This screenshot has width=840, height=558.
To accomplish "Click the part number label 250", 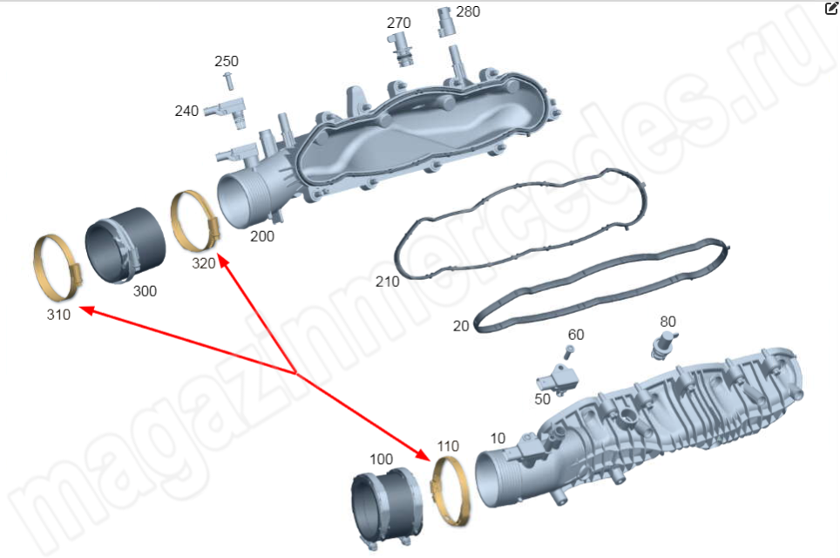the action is coord(226,61).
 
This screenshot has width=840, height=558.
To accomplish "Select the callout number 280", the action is coord(468,12).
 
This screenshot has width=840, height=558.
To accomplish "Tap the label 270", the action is coord(398,23).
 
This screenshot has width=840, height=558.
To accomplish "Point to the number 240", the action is coord(186,111).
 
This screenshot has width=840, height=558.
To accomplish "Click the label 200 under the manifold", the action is coord(262,236).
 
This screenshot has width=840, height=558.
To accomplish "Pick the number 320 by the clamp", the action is coord(204,263).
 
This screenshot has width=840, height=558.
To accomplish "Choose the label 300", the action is coord(145,291).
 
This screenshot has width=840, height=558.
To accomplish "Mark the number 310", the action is coord(58,315).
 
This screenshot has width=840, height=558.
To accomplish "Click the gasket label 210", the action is coord(387,282).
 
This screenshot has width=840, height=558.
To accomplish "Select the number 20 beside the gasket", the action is coord(461,326).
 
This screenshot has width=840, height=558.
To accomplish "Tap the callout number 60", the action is coord(576,335).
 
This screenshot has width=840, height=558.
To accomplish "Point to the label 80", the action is coord(667,322).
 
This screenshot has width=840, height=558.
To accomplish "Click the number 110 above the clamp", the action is coord(448,446).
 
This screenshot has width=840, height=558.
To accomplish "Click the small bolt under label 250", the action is coord(229,81).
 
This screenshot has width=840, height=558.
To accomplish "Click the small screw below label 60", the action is coord(569,352).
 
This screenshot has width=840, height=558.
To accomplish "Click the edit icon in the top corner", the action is coord(831,8).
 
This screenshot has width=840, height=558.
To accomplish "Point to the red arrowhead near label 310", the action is coord(87,310).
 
